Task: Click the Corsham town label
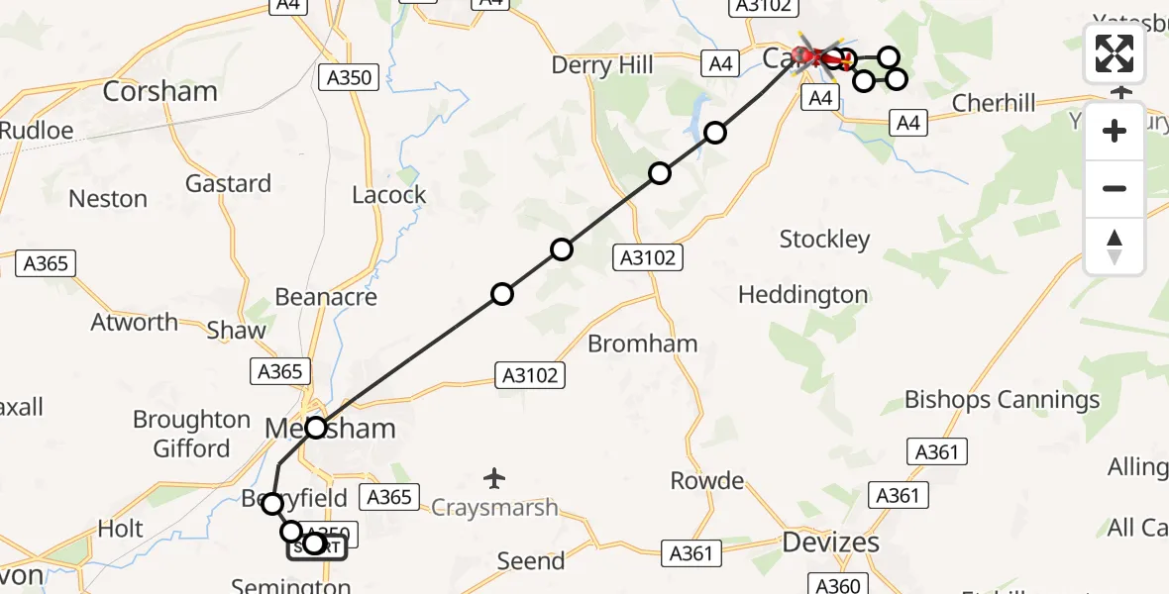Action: coord(160,91)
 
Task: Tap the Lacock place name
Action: coord(389,195)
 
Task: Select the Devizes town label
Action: coord(830,543)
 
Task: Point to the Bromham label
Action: coord(643,344)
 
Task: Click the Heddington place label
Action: coord(802,295)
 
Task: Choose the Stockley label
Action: coord(824,240)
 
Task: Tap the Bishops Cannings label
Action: coord(1002,400)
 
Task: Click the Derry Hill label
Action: coord(603,65)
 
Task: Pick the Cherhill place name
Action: coord(994,103)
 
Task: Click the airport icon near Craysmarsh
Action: coord(494,479)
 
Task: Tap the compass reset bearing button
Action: coord(1115,247)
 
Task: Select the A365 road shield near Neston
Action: coord(46,263)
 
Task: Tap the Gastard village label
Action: coord(228,183)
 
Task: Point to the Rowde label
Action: coord(707,481)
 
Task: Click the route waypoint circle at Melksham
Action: coord(316,428)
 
